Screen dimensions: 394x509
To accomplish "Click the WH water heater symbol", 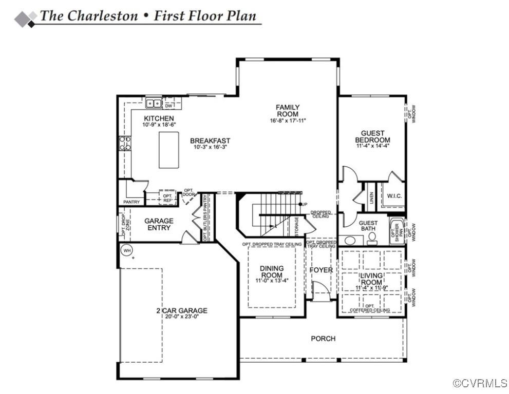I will click(x=126, y=251).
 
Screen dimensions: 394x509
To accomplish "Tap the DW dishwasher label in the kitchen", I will click(x=168, y=106).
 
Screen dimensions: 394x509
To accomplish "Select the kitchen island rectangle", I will click(x=168, y=150).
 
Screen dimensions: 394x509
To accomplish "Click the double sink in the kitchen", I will click(x=153, y=104).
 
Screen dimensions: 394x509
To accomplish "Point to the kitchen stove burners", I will click(x=124, y=143).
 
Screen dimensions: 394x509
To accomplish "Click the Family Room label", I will click(x=288, y=110).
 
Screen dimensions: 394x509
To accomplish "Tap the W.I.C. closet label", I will click(x=394, y=195).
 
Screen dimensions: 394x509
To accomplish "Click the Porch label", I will click(x=323, y=339).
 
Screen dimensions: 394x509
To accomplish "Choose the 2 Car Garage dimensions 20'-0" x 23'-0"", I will click(x=182, y=317).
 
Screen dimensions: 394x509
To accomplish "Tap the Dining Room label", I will click(x=272, y=271).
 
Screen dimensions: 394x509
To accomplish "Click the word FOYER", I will click(x=321, y=270).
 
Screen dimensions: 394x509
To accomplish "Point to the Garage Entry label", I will click(x=159, y=224).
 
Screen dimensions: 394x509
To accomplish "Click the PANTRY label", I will click(x=131, y=202).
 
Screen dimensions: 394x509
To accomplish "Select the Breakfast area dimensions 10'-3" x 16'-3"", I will click(x=210, y=147).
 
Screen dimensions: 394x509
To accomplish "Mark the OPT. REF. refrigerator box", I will click(x=167, y=198).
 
